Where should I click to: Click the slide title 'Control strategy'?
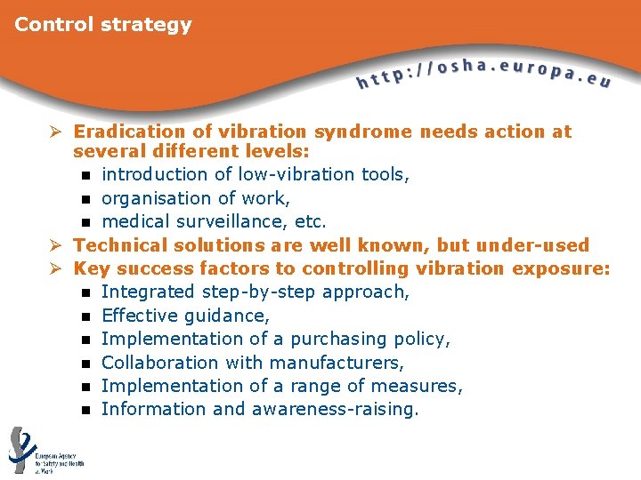102,25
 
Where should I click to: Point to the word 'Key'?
90,268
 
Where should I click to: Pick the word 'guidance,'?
226,316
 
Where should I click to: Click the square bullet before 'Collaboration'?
85,363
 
